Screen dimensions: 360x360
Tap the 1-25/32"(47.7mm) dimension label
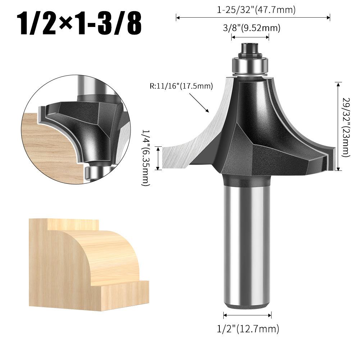tap(256, 10)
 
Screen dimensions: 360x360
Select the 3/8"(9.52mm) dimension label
tap(252, 28)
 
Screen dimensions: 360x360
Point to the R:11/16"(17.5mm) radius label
tap(181, 86)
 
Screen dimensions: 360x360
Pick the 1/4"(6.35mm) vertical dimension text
tap(146, 158)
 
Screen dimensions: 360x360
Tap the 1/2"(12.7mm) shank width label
tap(248, 329)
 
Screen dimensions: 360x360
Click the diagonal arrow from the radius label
tap(199, 103)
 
